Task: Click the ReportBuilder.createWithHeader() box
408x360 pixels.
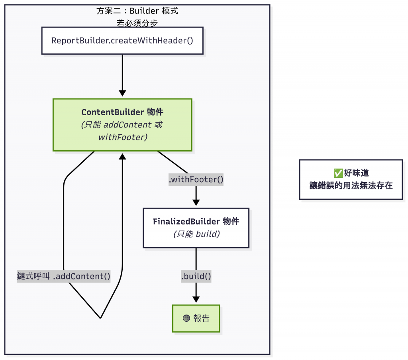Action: (122, 40)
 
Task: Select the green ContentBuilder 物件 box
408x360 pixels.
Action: (122, 125)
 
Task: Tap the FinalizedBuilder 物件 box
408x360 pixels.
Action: (196, 228)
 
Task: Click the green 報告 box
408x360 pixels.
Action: (196, 318)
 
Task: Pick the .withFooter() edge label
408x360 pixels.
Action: (196, 180)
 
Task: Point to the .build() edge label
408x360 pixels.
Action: (196, 276)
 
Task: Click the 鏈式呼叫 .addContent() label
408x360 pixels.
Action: (64, 276)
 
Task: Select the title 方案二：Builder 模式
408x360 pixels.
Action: (137, 11)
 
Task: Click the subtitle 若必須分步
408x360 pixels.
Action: (137, 23)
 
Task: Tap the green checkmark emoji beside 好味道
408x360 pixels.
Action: (338, 173)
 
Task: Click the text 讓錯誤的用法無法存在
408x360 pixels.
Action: (351, 185)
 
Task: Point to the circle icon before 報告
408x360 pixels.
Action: (186, 318)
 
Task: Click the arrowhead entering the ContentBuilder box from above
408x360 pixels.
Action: (122, 93)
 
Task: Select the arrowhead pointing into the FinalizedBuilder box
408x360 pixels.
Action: (196, 203)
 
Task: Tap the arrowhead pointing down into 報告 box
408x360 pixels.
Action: (196, 299)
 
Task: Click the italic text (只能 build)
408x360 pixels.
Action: (196, 234)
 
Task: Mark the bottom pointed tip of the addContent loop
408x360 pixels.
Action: (100, 318)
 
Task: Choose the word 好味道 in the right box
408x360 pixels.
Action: (357, 173)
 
